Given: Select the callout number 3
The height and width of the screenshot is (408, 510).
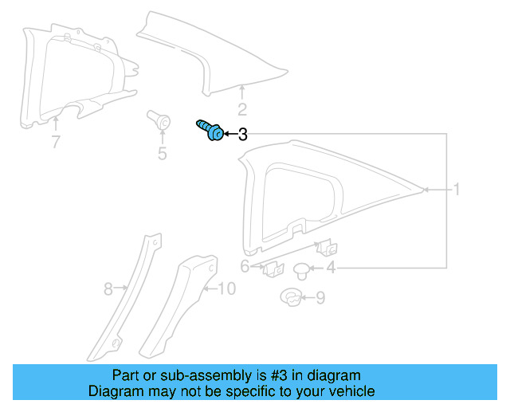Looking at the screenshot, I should point(243,135).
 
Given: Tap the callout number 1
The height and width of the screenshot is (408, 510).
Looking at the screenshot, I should point(457,190).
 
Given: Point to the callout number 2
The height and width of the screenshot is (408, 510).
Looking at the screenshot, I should point(242,110).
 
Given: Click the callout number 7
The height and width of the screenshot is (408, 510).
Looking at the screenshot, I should point(55,143).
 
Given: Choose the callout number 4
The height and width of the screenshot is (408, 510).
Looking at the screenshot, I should point(330,268).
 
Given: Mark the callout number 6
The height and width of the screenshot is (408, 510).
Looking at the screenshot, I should point(245,266).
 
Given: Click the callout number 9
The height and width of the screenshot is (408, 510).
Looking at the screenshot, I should point(320,299).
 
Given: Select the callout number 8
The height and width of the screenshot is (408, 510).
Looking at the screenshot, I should point(108,289).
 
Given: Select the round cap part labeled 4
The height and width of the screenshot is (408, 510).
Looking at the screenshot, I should point(303,269).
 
